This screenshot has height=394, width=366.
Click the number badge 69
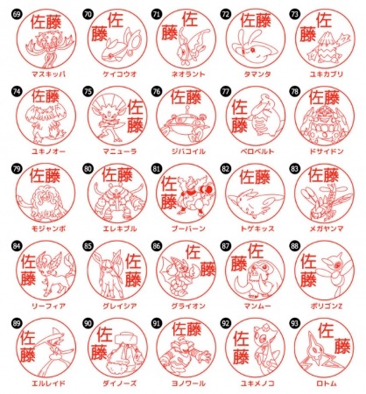pyautogui.click(x=15, y=14)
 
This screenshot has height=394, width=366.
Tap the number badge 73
pyautogui.click(x=294, y=14)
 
